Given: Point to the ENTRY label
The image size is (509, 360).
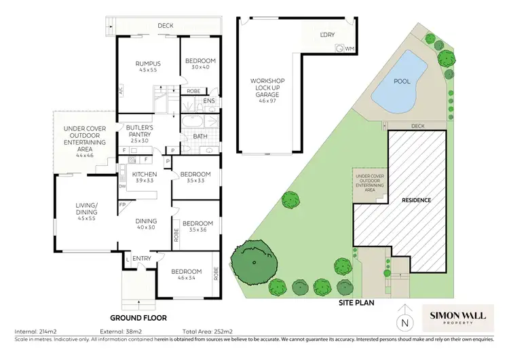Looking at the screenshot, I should pos(142,258).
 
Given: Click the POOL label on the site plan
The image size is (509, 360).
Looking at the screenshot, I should pos(402,80).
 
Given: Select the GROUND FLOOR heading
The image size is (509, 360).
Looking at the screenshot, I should pos(139,317).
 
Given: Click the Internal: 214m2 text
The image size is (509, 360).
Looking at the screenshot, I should pos(33,333).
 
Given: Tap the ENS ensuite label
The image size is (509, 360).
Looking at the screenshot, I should pos(209,102).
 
